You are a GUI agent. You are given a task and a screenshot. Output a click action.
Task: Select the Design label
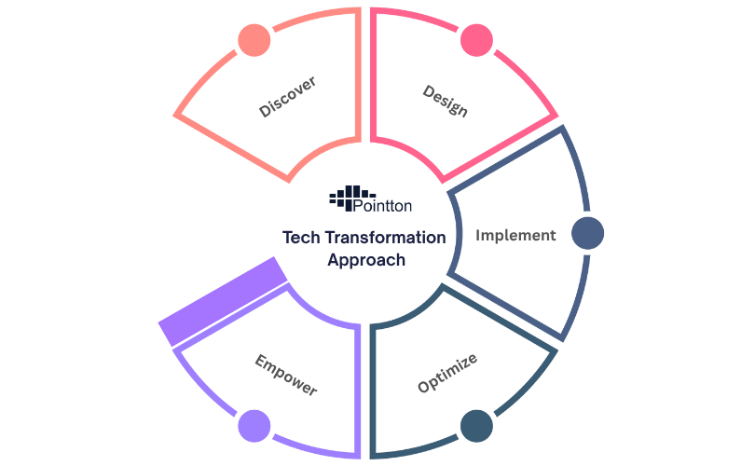coord(446,101)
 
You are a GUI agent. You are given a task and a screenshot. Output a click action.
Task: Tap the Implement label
coord(515,235)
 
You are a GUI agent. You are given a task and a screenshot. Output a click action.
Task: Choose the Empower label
coord(285,374)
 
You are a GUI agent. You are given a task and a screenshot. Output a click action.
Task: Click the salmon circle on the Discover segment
coord(254,39)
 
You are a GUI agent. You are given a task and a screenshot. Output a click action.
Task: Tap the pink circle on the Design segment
coord(475,39)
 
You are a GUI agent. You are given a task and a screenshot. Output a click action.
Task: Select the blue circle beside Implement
coord(587,233)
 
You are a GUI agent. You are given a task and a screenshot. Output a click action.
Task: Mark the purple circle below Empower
coord(254,426)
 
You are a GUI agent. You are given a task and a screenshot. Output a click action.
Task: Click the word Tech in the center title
coord(301,238)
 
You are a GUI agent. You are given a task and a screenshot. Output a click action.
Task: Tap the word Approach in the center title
coord(366,260)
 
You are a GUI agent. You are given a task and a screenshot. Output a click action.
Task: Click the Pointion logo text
coord(384,205)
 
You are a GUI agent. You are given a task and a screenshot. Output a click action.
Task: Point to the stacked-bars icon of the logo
coord(346,198)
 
